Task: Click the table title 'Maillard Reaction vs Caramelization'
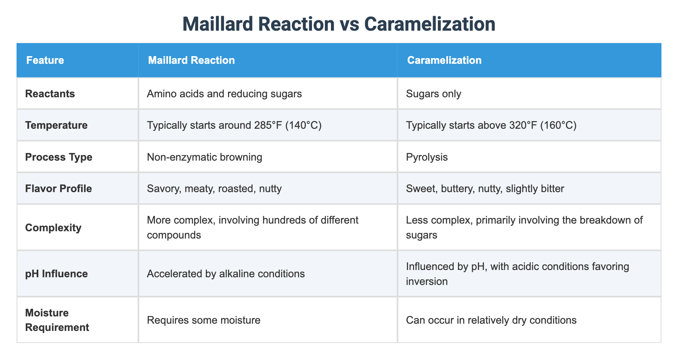click(x=339, y=24)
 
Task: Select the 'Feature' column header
click(x=45, y=61)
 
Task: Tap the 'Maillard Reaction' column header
click(x=191, y=61)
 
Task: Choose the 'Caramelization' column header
click(x=444, y=61)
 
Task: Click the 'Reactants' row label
click(x=50, y=94)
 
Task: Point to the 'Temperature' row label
click(x=56, y=125)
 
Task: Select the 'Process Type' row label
click(x=59, y=157)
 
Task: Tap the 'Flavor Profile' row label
click(x=59, y=188)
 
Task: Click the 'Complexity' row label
click(x=53, y=228)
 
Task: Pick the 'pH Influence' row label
click(x=56, y=274)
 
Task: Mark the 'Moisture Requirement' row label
click(x=57, y=320)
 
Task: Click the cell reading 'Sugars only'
click(x=433, y=94)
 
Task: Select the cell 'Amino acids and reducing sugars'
click(x=224, y=94)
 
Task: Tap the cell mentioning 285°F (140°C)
click(x=234, y=125)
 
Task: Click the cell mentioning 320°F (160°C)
click(x=491, y=125)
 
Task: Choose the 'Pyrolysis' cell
click(x=427, y=157)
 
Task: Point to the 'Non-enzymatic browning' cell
click(x=205, y=157)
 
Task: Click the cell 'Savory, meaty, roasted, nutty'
click(x=214, y=188)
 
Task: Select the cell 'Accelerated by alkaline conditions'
click(x=226, y=274)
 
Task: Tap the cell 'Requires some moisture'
click(x=203, y=320)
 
